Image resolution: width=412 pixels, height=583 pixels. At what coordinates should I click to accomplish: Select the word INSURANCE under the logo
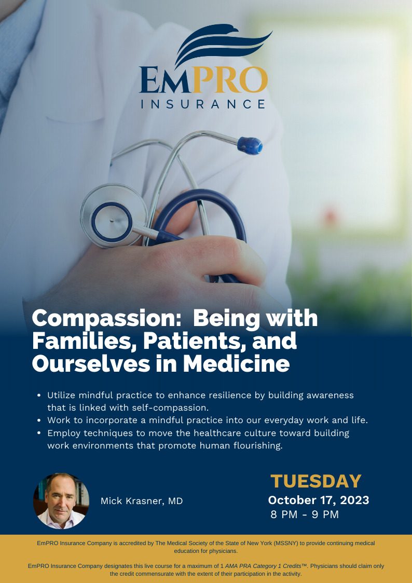point(203,104)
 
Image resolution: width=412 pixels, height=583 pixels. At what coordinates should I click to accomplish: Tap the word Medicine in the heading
point(236,363)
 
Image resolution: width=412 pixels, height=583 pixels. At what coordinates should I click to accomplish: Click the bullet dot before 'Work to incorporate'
point(39,421)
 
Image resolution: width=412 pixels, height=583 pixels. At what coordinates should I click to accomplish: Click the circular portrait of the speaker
point(61,501)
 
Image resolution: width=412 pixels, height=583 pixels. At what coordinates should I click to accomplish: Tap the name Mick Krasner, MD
point(142,501)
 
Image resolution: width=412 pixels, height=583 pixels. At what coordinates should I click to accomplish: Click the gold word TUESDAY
point(316,481)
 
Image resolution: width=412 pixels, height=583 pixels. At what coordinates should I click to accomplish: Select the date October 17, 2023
point(319,500)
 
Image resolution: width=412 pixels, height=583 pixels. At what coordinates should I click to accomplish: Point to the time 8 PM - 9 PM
point(305,515)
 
